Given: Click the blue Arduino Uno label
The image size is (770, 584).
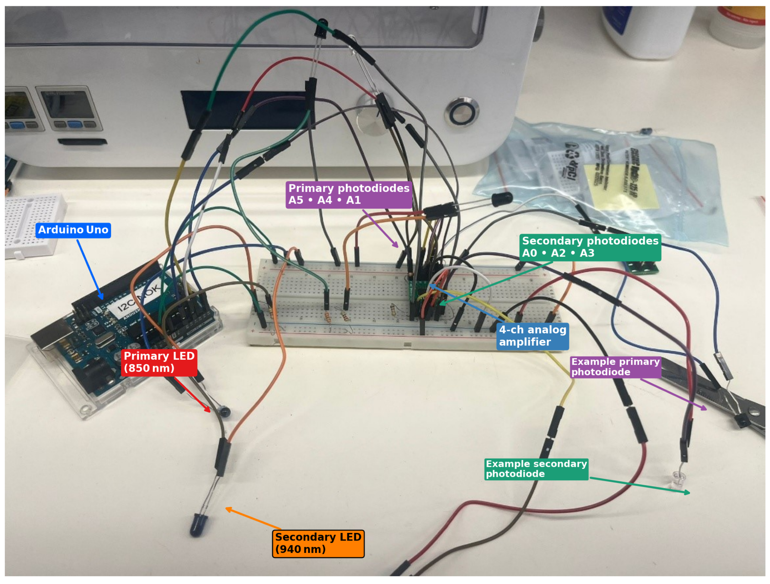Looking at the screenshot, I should [x=73, y=230].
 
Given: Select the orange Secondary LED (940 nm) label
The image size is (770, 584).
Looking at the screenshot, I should [x=318, y=543].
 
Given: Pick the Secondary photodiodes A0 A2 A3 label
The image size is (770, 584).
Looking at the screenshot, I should [x=590, y=247].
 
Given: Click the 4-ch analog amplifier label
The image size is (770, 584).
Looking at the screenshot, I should [x=533, y=336].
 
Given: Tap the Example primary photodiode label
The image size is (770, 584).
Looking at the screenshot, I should [x=616, y=367].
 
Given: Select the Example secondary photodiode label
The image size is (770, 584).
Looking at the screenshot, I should [x=536, y=469].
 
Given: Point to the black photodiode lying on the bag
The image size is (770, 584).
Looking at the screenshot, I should [x=502, y=199].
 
